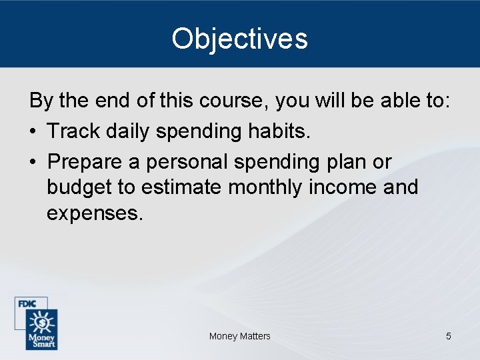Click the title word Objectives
239,39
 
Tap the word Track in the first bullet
72,131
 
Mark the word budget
79,187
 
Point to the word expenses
95,213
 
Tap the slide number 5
448,336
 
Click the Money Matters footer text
239,336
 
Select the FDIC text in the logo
27,304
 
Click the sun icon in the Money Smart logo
41,323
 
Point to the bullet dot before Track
33,132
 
